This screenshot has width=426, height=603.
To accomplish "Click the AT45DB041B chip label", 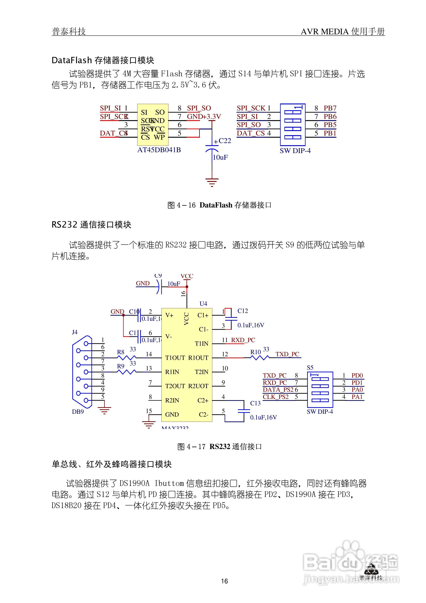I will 159,150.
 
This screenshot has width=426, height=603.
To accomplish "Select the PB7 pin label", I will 330,108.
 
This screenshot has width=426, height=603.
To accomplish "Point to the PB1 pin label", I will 330,133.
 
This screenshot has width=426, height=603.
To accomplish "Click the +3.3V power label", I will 212,117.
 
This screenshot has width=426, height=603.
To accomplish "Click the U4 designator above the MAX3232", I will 203,304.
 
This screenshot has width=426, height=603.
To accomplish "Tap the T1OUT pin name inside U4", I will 175,358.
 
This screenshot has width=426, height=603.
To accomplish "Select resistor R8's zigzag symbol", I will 127,358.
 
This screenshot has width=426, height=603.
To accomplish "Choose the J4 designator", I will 75,332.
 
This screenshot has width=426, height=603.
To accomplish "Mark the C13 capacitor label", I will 255,403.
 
